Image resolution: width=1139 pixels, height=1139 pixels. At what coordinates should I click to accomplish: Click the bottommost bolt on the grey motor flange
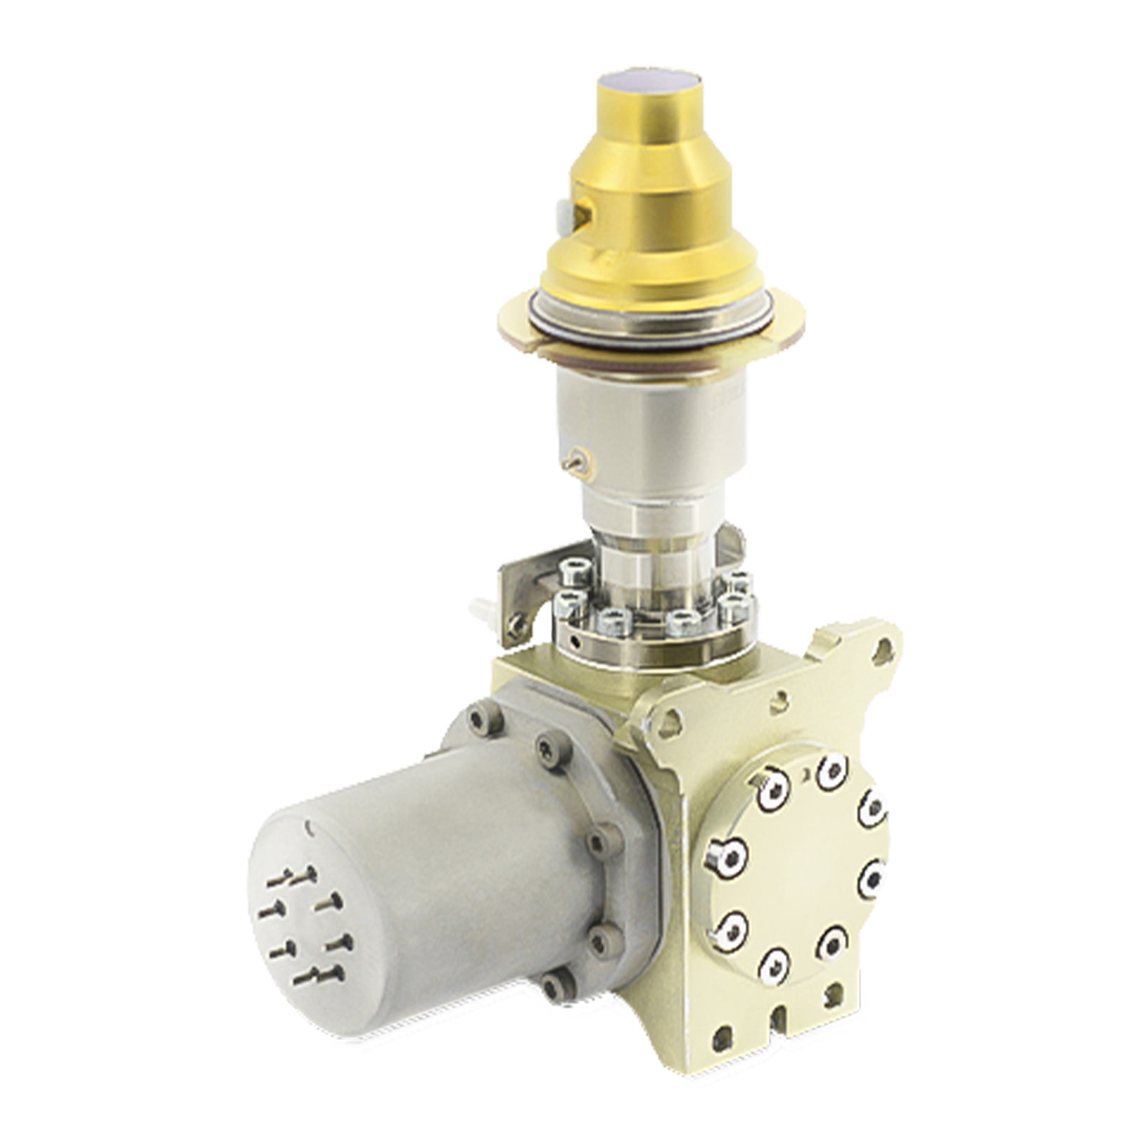point(548,987)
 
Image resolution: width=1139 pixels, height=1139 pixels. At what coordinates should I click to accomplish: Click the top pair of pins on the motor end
point(299,875)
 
